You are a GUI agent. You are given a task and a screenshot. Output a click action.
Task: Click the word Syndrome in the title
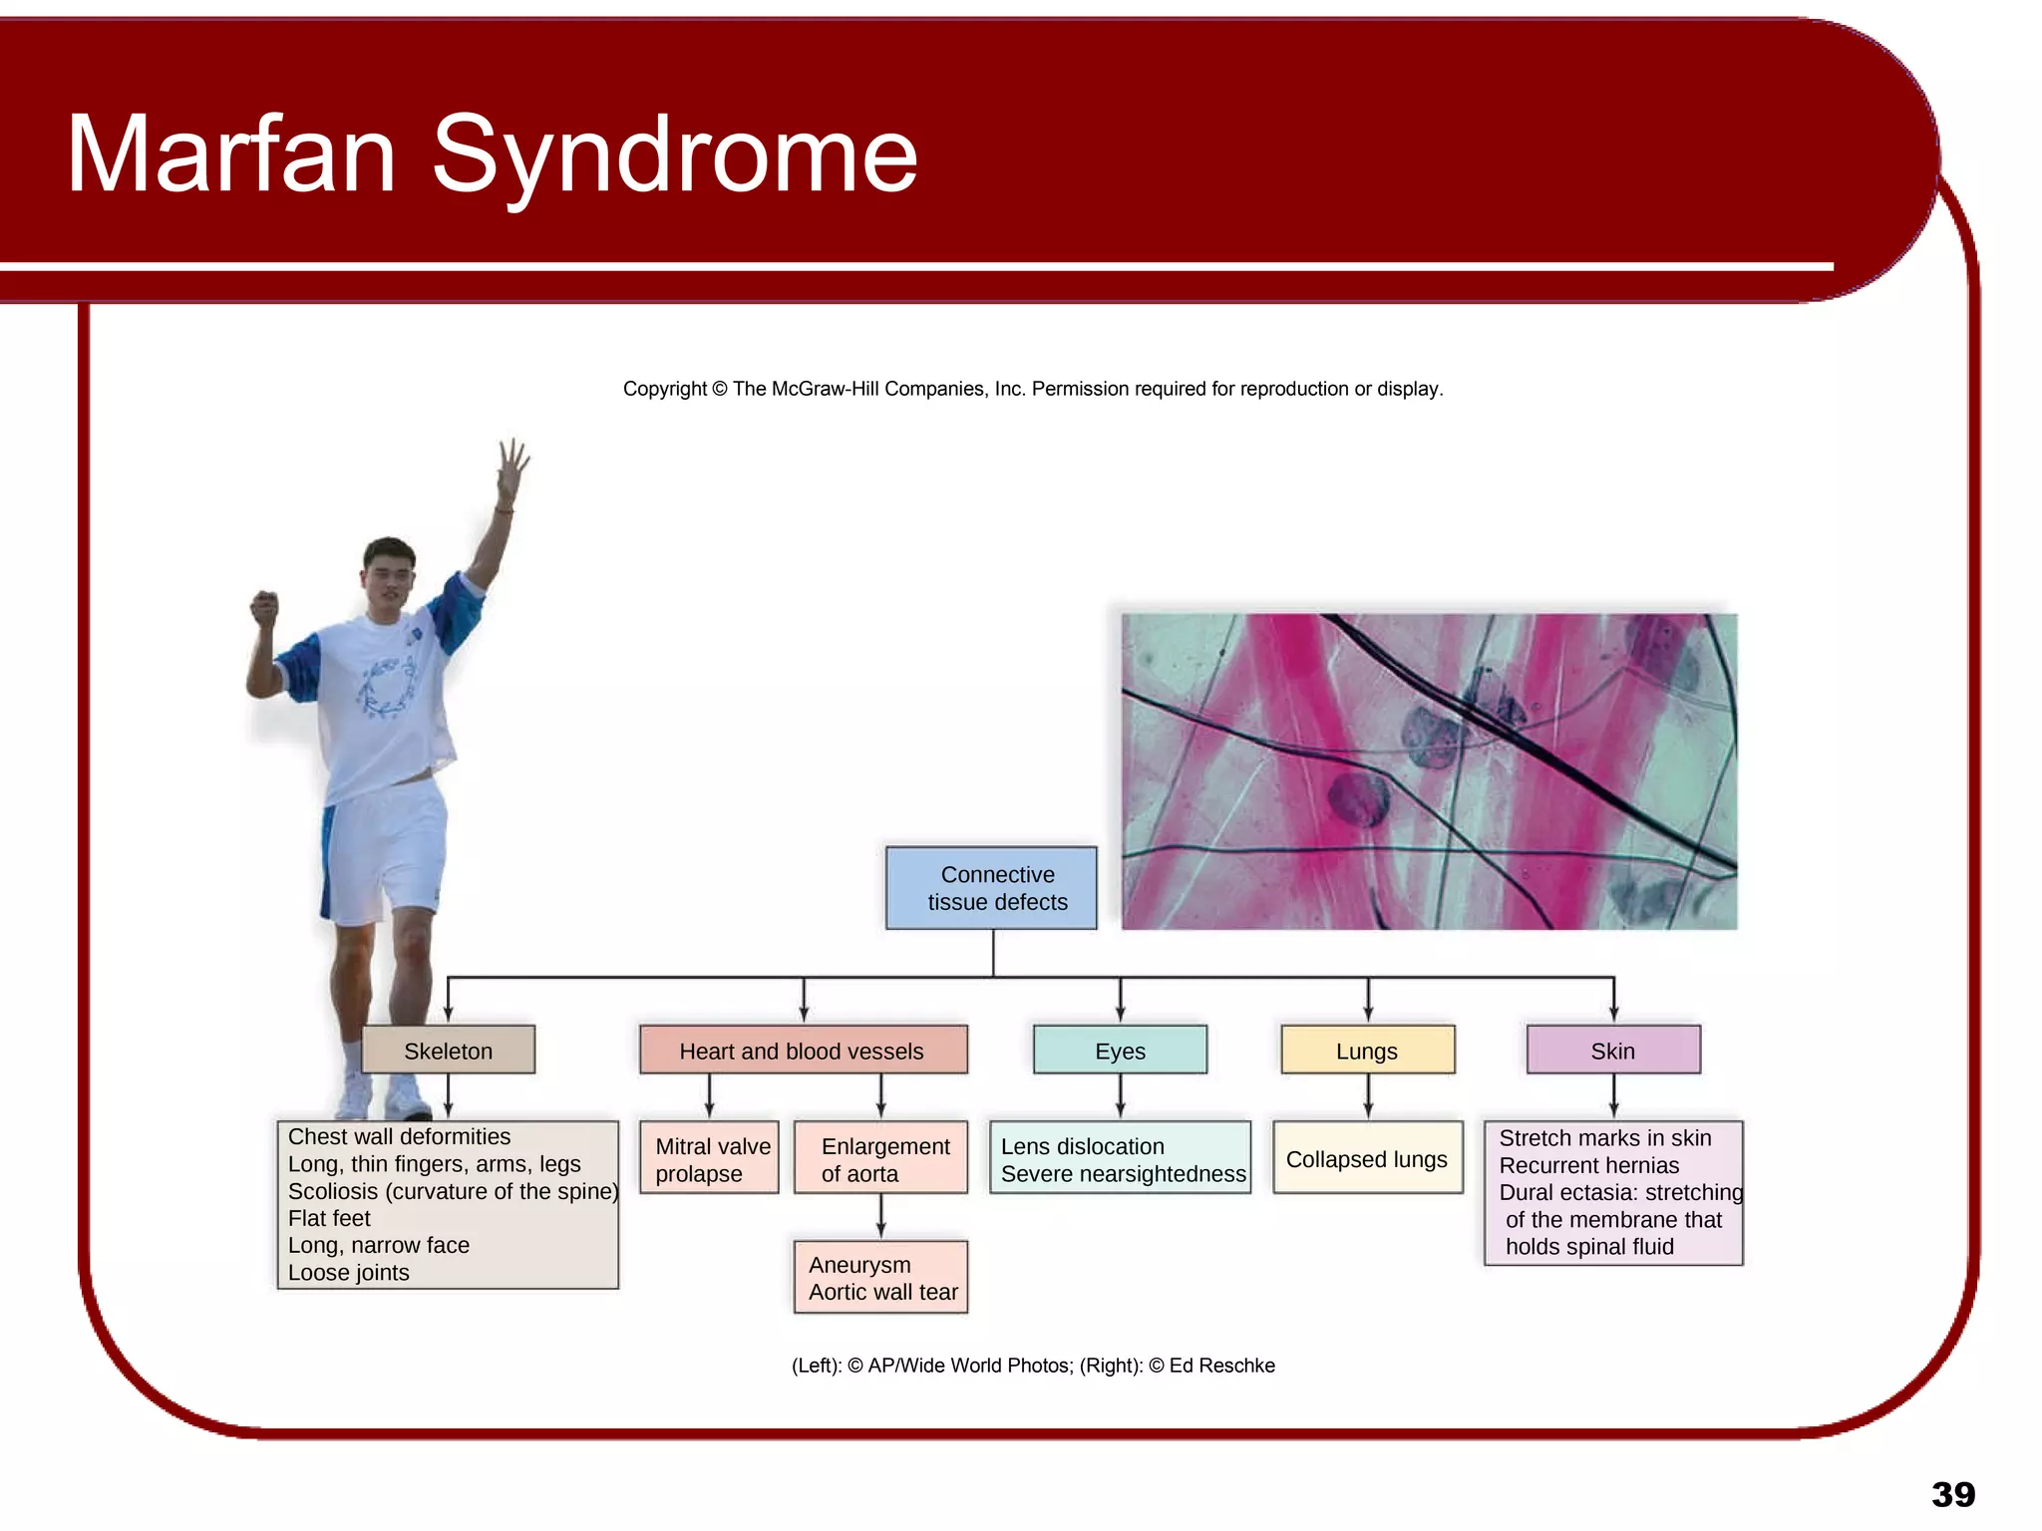(674, 154)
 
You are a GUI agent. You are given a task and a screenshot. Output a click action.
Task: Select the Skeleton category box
(448, 1050)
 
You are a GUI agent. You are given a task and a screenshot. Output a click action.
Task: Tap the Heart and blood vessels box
(803, 1050)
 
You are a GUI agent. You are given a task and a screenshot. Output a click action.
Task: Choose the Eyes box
(1120, 1050)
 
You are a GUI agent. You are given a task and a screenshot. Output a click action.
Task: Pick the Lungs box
(1367, 1050)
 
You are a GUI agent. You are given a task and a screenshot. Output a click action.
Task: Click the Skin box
(1612, 1050)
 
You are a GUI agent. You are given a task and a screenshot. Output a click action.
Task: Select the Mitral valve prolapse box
(709, 1158)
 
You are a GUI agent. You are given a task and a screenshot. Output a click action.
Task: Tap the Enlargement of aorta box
(880, 1158)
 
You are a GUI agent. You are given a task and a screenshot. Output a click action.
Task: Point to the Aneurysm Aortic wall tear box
(880, 1277)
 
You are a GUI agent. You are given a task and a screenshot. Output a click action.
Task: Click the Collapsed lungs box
(1367, 1158)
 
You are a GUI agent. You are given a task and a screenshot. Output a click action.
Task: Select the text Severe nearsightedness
(1123, 1174)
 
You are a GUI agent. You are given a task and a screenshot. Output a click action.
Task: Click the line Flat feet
(329, 1218)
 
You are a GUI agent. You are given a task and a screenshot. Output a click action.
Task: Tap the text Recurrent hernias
(1588, 1165)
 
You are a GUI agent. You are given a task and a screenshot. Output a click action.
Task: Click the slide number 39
(1952, 1494)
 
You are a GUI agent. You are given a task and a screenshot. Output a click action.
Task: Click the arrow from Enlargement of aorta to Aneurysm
(880, 1216)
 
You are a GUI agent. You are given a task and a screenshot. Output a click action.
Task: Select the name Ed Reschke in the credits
(1221, 1366)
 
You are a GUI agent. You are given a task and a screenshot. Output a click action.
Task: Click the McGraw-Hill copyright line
(1032, 389)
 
